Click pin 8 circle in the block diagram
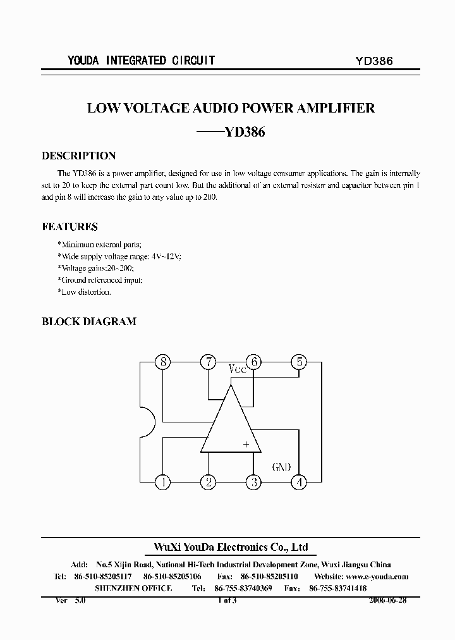click(164, 362)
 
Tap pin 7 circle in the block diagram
click(208, 362)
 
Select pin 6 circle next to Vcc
click(253, 362)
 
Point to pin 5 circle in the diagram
click(298, 362)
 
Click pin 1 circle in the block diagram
click(164, 483)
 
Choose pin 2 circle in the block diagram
click(208, 483)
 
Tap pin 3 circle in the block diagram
click(253, 483)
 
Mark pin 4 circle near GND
click(298, 483)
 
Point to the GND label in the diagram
click(281, 467)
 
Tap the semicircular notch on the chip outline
click(147, 422)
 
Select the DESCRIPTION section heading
click(78, 156)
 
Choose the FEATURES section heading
click(70, 226)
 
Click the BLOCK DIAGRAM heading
click(88, 321)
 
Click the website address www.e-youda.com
click(377, 576)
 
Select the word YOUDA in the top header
click(83, 61)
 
